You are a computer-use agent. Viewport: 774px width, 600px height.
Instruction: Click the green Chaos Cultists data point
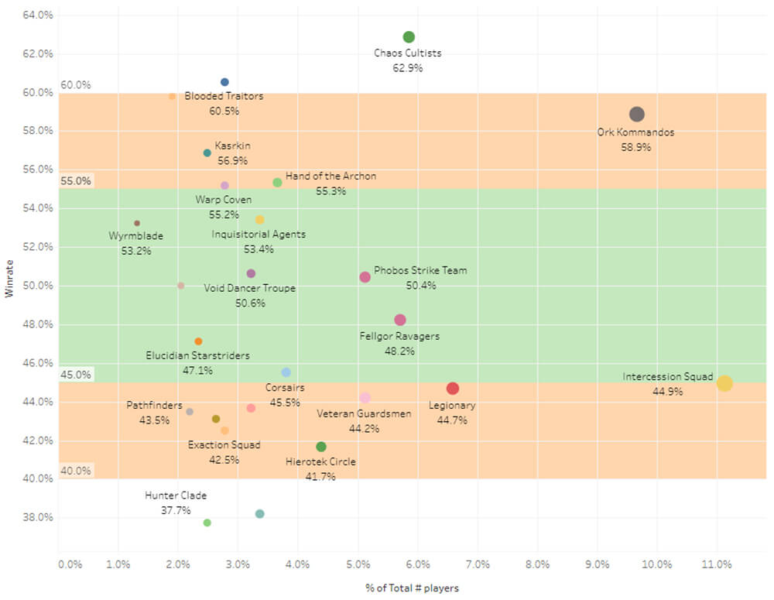pos(409,37)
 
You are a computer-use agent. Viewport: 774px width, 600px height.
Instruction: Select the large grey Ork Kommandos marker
pos(636,115)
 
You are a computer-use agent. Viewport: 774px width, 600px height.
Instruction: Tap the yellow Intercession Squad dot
pos(724,383)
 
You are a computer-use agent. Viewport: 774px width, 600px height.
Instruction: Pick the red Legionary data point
pos(453,389)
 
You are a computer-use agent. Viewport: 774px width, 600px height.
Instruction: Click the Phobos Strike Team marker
pos(365,277)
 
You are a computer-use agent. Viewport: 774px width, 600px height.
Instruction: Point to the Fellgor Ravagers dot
pos(400,320)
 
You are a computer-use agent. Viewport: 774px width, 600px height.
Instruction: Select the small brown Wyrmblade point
pos(137,223)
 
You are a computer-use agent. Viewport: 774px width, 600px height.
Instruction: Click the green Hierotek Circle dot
pos(321,447)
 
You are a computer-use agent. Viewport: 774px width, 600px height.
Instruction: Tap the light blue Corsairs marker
pos(286,372)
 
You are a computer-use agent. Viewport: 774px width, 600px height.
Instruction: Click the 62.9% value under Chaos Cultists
pos(408,68)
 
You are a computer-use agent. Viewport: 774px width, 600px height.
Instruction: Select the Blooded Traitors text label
pos(224,96)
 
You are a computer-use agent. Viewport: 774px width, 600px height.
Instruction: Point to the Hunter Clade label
pos(176,495)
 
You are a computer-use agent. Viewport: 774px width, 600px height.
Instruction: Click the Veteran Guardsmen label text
pos(365,413)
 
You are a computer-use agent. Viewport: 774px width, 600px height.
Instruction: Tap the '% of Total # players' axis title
pos(412,588)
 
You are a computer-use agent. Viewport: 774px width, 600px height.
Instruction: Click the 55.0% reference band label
pos(76,181)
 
